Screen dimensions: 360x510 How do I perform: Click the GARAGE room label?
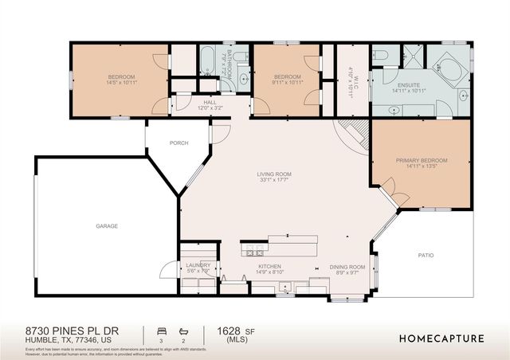tap(107, 226)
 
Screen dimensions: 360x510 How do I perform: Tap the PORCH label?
tap(178, 143)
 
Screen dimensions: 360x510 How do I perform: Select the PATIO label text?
tap(426, 256)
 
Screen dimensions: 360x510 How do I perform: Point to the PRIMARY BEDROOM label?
tap(422, 160)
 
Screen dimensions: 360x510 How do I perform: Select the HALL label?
tap(210, 102)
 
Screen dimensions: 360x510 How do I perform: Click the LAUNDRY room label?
tap(198, 265)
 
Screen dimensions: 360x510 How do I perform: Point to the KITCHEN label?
tap(269, 267)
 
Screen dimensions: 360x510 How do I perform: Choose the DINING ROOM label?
tap(347, 267)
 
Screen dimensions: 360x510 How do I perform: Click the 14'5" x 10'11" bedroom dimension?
tap(122, 82)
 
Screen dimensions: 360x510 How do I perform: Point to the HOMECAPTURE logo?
tap(441, 338)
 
